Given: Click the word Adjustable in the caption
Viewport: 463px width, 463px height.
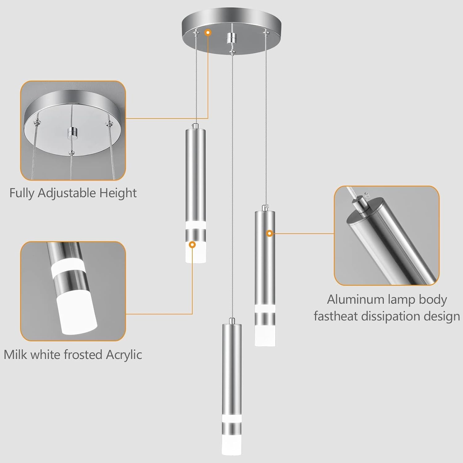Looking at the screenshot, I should (x=66, y=193).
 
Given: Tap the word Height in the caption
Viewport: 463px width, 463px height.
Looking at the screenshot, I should (x=118, y=193).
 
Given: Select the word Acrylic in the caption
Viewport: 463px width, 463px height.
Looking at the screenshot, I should (x=124, y=355).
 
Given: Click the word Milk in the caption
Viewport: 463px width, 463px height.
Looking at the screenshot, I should (x=15, y=355).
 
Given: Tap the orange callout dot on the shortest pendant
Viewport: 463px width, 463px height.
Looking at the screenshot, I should (x=193, y=245).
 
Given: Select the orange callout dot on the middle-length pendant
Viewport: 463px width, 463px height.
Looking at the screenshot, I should (x=269, y=234).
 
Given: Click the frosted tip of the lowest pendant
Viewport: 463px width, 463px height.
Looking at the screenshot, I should (x=232, y=446).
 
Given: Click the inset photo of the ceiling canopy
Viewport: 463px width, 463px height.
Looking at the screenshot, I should (x=73, y=131).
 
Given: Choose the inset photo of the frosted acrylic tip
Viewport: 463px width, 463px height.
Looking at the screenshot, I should (x=73, y=291).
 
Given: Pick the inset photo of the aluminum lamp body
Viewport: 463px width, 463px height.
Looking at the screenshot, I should (x=386, y=236).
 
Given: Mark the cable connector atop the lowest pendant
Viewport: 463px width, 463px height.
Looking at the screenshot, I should (x=232, y=321).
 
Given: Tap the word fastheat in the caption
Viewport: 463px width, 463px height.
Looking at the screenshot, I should (x=336, y=316).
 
